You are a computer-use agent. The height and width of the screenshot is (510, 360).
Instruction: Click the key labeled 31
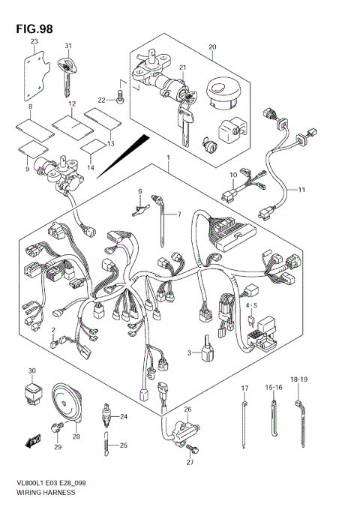tap(67, 72)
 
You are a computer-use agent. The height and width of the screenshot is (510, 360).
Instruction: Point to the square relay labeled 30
tap(31, 391)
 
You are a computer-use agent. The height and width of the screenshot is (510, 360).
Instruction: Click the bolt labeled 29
tap(55, 427)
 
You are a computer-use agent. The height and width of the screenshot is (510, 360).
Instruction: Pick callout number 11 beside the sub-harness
tap(302, 190)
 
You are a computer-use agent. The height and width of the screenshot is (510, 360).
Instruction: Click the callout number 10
tap(232, 175)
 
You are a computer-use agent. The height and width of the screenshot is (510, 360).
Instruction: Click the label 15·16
tap(272, 387)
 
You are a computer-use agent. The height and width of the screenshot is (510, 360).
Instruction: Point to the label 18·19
tap(299, 380)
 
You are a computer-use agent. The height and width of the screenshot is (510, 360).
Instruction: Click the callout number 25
tap(124, 445)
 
